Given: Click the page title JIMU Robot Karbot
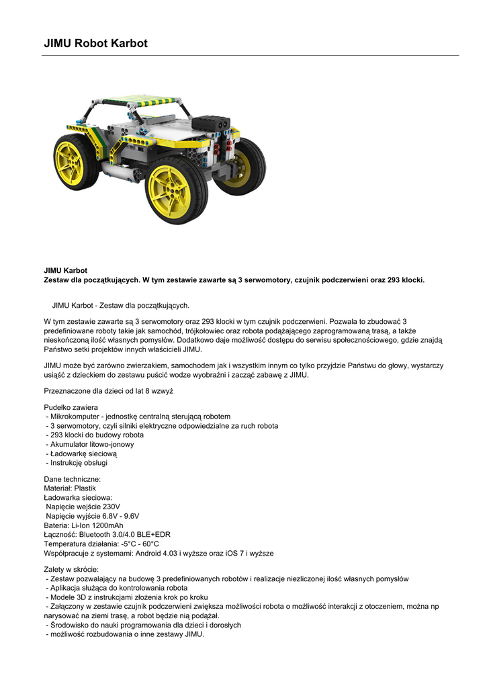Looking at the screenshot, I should pos(95,44).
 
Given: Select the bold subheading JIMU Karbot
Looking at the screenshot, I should pos(66,271).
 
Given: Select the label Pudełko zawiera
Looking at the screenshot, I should pos(71,408).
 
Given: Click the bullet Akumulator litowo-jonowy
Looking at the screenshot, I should pos(92,444).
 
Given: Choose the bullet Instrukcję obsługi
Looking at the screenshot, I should pos(79,462).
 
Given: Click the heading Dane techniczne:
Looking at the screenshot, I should pos(73,479).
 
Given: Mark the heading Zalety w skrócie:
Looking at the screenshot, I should pos(71,570).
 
